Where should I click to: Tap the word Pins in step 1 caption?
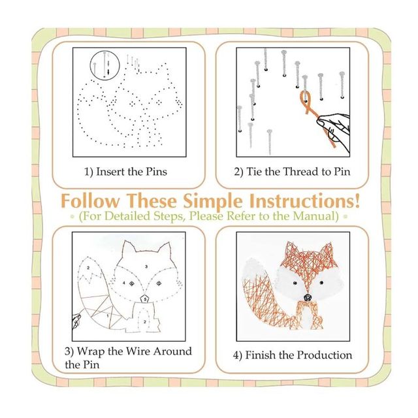pos(157,171)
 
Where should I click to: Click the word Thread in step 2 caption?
pos(300,171)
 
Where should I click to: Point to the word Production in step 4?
pos(325,355)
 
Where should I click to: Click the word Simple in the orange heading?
pos(214,202)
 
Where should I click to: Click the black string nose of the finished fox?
pos(308,297)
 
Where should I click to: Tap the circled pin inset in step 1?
pos(104,65)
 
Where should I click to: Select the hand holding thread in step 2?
pos(334,131)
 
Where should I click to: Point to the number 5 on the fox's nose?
pos(145,300)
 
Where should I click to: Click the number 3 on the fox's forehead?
pos(146,266)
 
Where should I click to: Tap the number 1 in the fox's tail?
pos(107,315)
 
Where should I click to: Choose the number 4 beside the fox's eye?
pos(123,283)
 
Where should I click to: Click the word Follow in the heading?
pos(90,201)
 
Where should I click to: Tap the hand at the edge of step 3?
pos(76,322)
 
